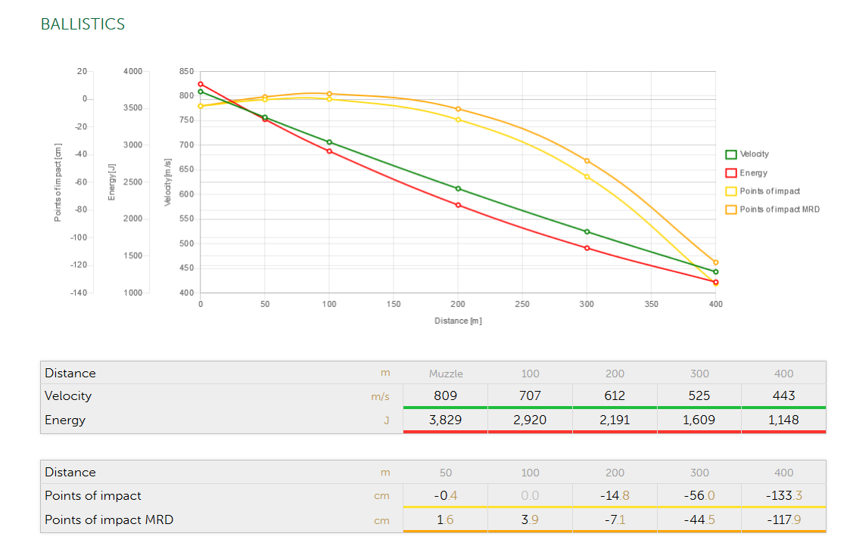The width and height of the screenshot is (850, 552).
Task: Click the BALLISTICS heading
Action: coord(83,24)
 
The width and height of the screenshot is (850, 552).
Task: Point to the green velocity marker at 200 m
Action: coord(458,188)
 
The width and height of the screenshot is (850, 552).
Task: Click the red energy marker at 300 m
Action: coord(587,248)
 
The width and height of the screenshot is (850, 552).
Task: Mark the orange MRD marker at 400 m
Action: coord(715,262)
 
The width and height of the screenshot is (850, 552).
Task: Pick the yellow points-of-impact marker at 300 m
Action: coord(587,177)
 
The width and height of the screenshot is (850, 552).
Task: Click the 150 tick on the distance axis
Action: coord(394,304)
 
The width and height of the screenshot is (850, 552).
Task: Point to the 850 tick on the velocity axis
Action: coord(186,71)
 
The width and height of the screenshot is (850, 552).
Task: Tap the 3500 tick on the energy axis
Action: coord(132,108)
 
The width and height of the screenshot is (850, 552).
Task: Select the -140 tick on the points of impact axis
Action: coord(79,293)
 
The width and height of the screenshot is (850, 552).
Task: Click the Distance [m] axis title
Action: coord(458,321)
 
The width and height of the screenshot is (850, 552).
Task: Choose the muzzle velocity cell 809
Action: coord(446,395)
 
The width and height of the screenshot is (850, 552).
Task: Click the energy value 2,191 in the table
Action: coord(615,420)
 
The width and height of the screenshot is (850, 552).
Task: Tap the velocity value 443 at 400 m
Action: coord(783,395)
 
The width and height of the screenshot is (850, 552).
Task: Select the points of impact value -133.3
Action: coord(783,495)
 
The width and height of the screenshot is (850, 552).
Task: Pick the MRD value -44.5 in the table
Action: coord(699,519)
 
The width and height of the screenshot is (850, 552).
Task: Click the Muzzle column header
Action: coord(446,373)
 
